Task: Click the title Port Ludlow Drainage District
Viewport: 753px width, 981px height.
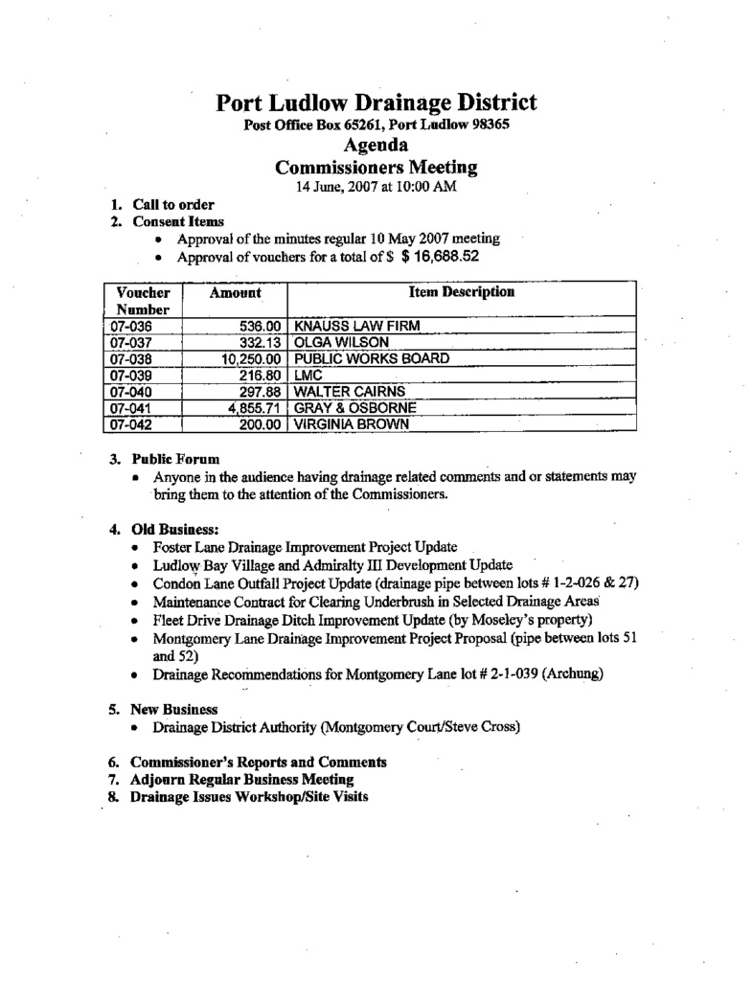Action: pos(376,103)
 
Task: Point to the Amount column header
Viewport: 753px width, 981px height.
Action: pos(235,292)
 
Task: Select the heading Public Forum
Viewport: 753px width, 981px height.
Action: pos(175,459)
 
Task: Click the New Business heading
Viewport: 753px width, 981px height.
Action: pos(173,709)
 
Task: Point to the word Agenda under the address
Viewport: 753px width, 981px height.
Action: pos(376,146)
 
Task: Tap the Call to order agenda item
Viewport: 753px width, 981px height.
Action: pos(172,204)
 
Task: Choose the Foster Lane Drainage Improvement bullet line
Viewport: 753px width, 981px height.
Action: pos(305,546)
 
